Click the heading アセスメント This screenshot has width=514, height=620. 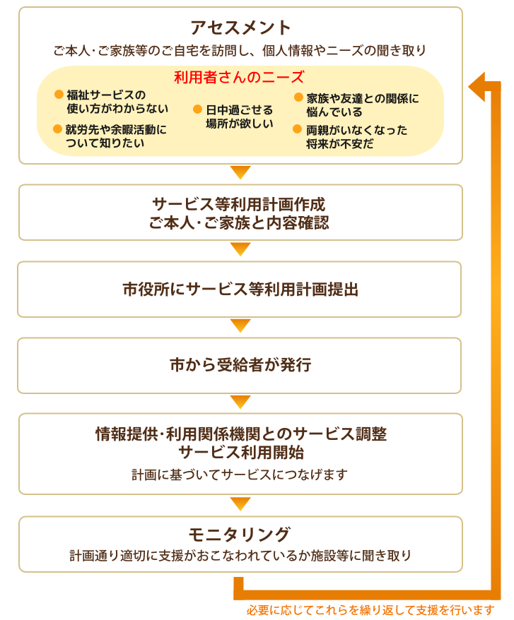point(240,28)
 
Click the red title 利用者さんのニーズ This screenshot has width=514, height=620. point(239,77)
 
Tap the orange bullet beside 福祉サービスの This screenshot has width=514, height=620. point(59,94)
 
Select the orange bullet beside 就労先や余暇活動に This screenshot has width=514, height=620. point(57,129)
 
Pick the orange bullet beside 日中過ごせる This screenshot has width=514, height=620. point(197,109)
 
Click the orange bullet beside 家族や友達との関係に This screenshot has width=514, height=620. point(298,97)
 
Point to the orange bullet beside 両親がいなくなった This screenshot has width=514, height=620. point(298,129)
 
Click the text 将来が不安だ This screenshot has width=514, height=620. point(340,144)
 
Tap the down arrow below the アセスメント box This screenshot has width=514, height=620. point(240,172)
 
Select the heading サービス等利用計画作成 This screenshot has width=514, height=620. point(239,204)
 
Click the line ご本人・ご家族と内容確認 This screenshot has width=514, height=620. point(239,223)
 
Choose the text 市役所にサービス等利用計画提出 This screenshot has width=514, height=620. point(240,290)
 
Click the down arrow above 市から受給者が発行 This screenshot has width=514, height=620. point(240,326)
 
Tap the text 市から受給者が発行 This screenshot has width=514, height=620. point(240,364)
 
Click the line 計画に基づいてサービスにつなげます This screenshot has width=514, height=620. point(240,475)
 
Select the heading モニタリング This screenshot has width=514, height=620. point(240,535)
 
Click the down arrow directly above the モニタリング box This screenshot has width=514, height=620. point(240,504)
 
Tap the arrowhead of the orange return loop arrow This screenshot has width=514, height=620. point(477,87)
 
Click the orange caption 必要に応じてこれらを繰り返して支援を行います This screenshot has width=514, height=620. point(370,609)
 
